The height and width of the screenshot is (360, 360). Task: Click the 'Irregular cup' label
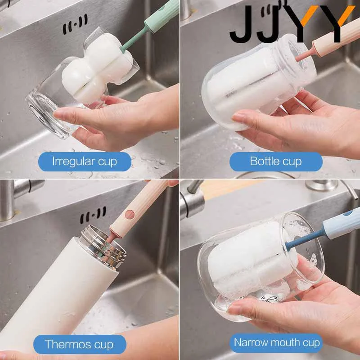(85, 162)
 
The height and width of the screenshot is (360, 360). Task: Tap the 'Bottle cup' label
(276, 162)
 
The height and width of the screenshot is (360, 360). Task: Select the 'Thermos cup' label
(80, 344)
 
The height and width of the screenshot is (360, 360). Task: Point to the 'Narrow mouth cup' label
(276, 343)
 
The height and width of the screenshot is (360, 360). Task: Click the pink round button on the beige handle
(130, 214)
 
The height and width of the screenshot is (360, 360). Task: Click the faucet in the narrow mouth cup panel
(193, 200)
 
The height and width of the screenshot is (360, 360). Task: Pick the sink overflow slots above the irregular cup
(75, 24)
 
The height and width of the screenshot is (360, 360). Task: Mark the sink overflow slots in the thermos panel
(93, 215)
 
